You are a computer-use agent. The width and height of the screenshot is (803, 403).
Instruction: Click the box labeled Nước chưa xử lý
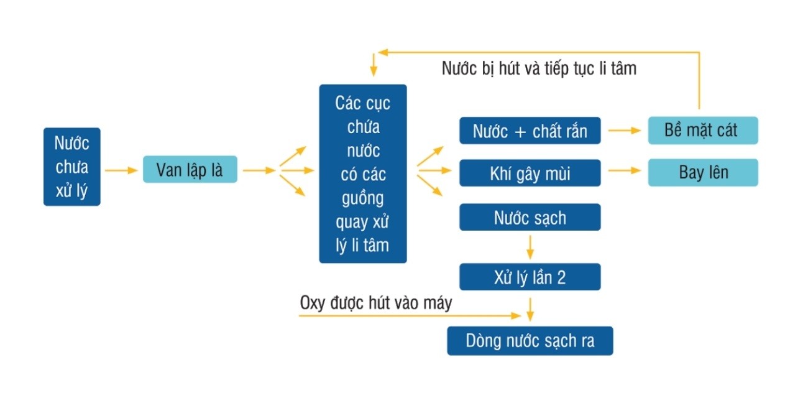click(x=71, y=167)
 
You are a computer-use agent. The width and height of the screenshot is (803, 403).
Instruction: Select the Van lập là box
click(x=190, y=169)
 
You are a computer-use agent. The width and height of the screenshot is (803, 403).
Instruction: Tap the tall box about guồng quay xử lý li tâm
click(x=362, y=174)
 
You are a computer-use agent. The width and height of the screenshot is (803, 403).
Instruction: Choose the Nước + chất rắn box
click(x=530, y=131)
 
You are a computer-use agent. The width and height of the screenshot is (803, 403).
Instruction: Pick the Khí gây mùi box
click(x=530, y=173)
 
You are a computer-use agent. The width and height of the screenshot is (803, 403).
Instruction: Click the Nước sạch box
click(x=530, y=217)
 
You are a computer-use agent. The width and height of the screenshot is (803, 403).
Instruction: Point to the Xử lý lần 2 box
click(x=530, y=277)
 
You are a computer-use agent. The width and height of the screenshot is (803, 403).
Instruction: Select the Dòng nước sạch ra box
click(x=530, y=341)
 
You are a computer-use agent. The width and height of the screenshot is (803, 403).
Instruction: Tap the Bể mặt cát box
click(x=702, y=131)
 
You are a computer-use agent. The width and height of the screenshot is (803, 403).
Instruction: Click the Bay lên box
click(x=702, y=173)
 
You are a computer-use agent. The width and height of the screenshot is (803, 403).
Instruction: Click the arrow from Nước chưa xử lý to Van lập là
click(x=121, y=169)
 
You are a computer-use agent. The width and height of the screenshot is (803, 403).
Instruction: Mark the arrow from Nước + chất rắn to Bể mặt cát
click(x=624, y=131)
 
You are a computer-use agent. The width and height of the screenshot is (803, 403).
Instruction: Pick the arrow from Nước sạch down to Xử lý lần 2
click(x=530, y=246)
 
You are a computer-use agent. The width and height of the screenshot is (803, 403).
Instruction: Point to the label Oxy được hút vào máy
click(x=375, y=303)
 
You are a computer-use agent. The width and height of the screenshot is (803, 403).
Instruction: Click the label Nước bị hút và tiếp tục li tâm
click(x=539, y=68)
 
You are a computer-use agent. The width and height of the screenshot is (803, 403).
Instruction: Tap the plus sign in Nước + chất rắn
click(x=521, y=132)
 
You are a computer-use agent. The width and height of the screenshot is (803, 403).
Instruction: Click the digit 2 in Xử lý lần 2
click(x=561, y=277)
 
